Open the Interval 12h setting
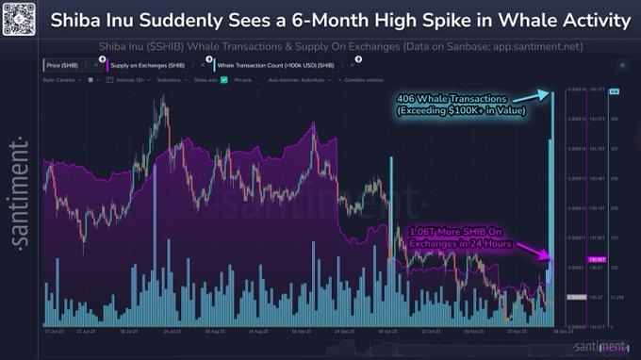point(124,80)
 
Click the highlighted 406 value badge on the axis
point(614,91)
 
